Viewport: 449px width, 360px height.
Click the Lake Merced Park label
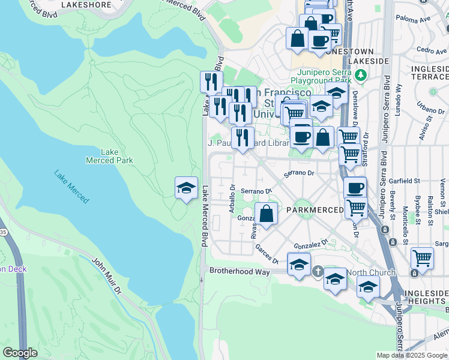click(109, 156)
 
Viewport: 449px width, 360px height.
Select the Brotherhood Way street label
click(236, 271)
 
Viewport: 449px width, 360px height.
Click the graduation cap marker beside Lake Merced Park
click(186, 189)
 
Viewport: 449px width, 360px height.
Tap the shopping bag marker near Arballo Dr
click(266, 214)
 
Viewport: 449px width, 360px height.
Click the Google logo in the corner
click(20, 353)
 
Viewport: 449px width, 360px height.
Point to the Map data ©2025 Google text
click(411, 355)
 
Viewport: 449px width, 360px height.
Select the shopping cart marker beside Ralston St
click(422, 259)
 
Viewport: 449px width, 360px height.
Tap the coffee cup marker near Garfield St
click(355, 188)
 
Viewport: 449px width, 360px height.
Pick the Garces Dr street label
click(267, 254)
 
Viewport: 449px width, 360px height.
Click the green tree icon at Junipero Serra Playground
click(360, 75)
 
